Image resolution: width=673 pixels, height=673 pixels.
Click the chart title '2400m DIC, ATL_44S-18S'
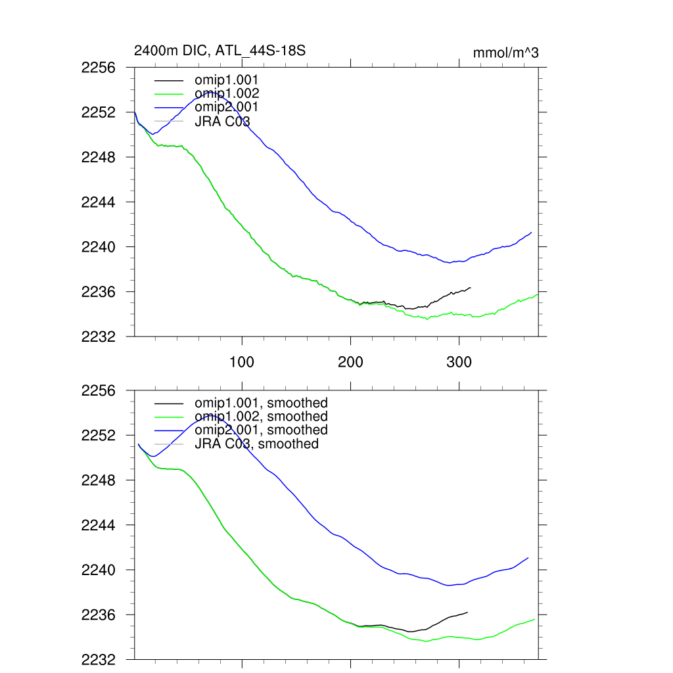[x=220, y=50]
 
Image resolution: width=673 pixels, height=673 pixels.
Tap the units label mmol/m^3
[x=505, y=53]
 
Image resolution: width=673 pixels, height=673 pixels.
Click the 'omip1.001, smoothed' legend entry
[x=260, y=403]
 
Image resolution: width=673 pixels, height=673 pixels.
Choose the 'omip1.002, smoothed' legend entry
[x=260, y=417]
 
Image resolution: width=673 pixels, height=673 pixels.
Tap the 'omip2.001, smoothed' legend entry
[x=260, y=430]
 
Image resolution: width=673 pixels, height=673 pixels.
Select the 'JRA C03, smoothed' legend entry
[x=256, y=444]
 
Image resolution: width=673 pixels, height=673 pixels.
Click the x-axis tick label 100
[x=243, y=362]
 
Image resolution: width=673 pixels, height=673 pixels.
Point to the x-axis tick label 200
[x=350, y=362]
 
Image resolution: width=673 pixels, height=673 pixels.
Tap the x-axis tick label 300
[x=459, y=362]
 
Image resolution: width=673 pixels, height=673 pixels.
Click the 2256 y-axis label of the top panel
[x=99, y=68]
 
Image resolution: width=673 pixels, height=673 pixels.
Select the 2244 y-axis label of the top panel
[x=99, y=202]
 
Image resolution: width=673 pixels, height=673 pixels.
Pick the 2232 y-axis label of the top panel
[x=99, y=336]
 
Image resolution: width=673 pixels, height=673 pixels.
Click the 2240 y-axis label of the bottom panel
[x=99, y=570]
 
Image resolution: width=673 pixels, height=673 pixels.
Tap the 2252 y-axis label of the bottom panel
[x=99, y=436]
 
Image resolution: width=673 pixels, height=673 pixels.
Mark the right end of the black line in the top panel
[x=470, y=287]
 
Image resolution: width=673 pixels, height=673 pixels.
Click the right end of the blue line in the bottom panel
[x=528, y=558]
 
